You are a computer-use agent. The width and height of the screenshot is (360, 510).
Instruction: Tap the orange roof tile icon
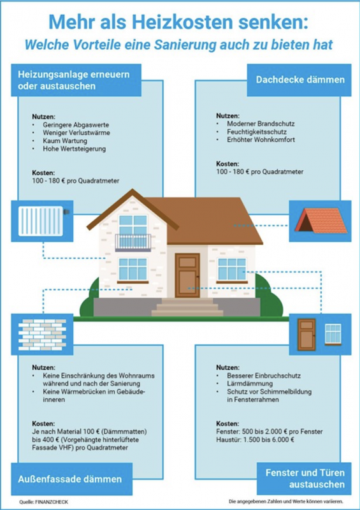tap(320, 221)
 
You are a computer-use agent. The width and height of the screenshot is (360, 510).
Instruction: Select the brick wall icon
tap(42, 334)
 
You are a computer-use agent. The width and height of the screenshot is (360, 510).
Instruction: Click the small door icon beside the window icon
tap(306, 334)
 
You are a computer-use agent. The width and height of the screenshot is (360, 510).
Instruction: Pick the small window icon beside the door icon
tap(333, 334)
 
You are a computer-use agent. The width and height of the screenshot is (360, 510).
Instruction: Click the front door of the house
tap(187, 275)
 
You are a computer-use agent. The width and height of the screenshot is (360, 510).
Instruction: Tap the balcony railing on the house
tap(133, 242)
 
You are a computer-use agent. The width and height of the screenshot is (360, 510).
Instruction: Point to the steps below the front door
tap(187, 307)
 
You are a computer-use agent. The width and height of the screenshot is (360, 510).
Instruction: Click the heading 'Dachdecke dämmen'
tap(300, 80)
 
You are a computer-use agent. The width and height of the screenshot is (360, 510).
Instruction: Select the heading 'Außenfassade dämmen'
tap(70, 479)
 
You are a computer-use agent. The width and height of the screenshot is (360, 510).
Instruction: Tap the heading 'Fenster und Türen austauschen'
tap(305, 479)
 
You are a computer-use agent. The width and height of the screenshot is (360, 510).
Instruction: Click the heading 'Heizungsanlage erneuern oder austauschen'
tap(74, 80)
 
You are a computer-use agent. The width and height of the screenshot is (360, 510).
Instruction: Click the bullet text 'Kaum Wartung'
tap(65, 141)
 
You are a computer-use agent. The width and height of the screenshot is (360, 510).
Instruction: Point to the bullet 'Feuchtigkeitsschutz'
tap(257, 132)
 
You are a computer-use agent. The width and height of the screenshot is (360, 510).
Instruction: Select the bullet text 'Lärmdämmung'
tap(250, 384)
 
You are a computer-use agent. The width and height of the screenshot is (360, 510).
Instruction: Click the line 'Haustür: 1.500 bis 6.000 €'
tap(256, 440)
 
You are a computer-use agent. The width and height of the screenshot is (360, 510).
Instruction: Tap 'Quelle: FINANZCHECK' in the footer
tap(43, 502)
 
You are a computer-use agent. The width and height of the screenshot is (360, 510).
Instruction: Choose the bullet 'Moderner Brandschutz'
tap(261, 124)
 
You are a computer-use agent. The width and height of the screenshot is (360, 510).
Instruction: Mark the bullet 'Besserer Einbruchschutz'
tap(264, 375)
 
